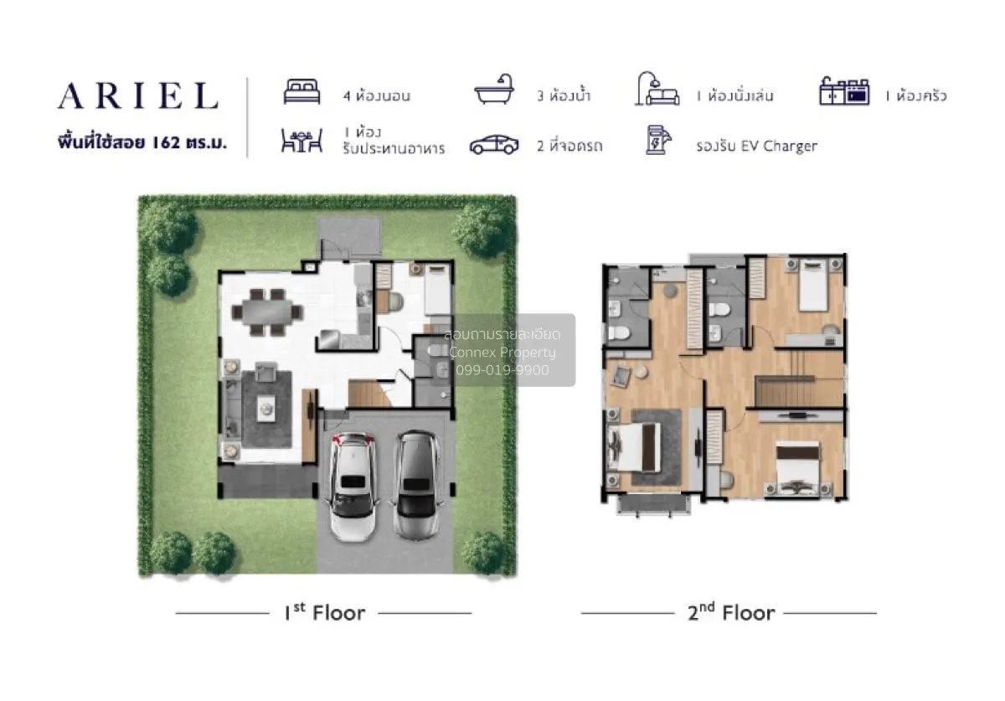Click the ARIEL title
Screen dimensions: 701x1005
[x=138, y=96]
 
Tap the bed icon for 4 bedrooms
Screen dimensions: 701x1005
[x=301, y=92]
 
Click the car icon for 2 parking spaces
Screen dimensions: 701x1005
[x=494, y=145]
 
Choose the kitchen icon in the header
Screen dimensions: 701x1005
[x=844, y=92]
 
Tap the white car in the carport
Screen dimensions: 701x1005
[x=353, y=484]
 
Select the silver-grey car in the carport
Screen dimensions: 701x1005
[x=416, y=484]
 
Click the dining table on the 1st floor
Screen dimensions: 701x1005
[x=266, y=311]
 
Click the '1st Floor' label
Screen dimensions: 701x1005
[x=324, y=613]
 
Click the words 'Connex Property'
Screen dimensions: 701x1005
[x=502, y=353]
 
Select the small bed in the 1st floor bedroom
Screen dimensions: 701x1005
[x=435, y=290]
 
